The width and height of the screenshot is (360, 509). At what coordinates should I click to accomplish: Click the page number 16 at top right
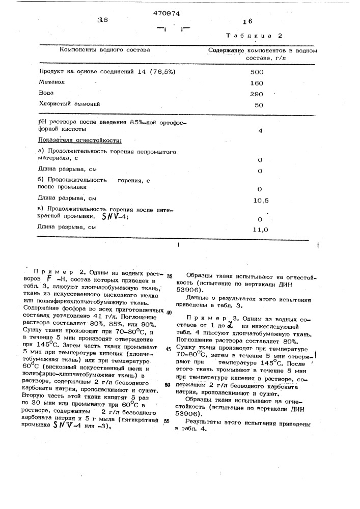tap(248, 22)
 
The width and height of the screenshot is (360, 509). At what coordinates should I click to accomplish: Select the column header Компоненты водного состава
tap(105, 50)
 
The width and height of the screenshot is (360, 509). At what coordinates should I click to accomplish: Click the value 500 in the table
tap(257, 72)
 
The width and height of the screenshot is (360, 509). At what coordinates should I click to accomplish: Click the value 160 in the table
tap(257, 83)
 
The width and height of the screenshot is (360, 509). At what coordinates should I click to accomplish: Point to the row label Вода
tap(46, 93)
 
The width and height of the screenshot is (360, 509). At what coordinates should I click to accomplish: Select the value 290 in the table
tap(257, 94)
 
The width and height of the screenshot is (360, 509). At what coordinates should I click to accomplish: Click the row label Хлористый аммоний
tap(70, 104)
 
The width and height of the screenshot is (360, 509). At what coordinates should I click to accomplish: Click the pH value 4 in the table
tap(260, 130)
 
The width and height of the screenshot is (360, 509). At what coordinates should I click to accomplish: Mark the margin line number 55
tap(167, 421)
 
